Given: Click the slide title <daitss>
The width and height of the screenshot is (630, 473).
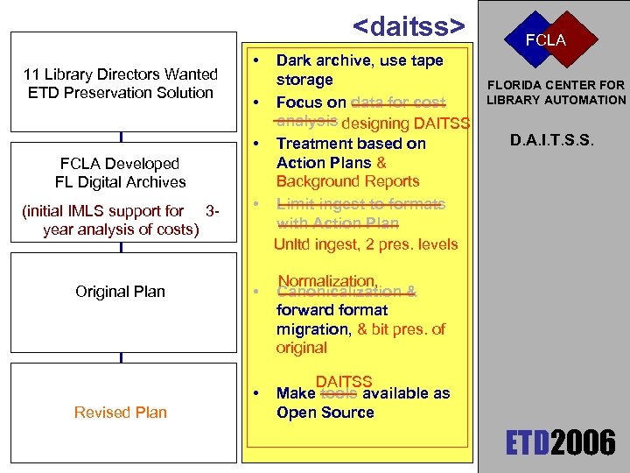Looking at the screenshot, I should pos(409,26).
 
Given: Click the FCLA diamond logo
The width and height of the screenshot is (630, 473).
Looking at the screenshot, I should pos(545,40).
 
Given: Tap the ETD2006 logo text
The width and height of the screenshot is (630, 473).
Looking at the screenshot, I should pos(561,444).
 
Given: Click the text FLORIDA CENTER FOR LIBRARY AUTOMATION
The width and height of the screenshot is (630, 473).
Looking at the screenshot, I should pos(556,92).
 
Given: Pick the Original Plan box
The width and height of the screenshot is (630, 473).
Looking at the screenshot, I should pos(121,292).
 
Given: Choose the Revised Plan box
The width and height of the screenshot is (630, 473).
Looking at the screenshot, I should pos(121,413).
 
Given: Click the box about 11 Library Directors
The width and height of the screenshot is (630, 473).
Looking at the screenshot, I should pos(121,83).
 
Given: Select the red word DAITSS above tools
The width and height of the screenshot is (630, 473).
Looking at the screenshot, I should pos(344,382).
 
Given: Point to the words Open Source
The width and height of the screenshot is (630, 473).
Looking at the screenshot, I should pos(325,413).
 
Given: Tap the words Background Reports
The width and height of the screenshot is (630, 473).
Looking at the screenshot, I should pos(347,181).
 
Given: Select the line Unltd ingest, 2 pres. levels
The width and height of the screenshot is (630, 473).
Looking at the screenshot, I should pos(365,244).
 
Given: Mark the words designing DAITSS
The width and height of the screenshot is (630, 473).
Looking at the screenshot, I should pos(405,124).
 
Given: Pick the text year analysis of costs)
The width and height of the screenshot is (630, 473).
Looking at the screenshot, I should pos(121,229).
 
